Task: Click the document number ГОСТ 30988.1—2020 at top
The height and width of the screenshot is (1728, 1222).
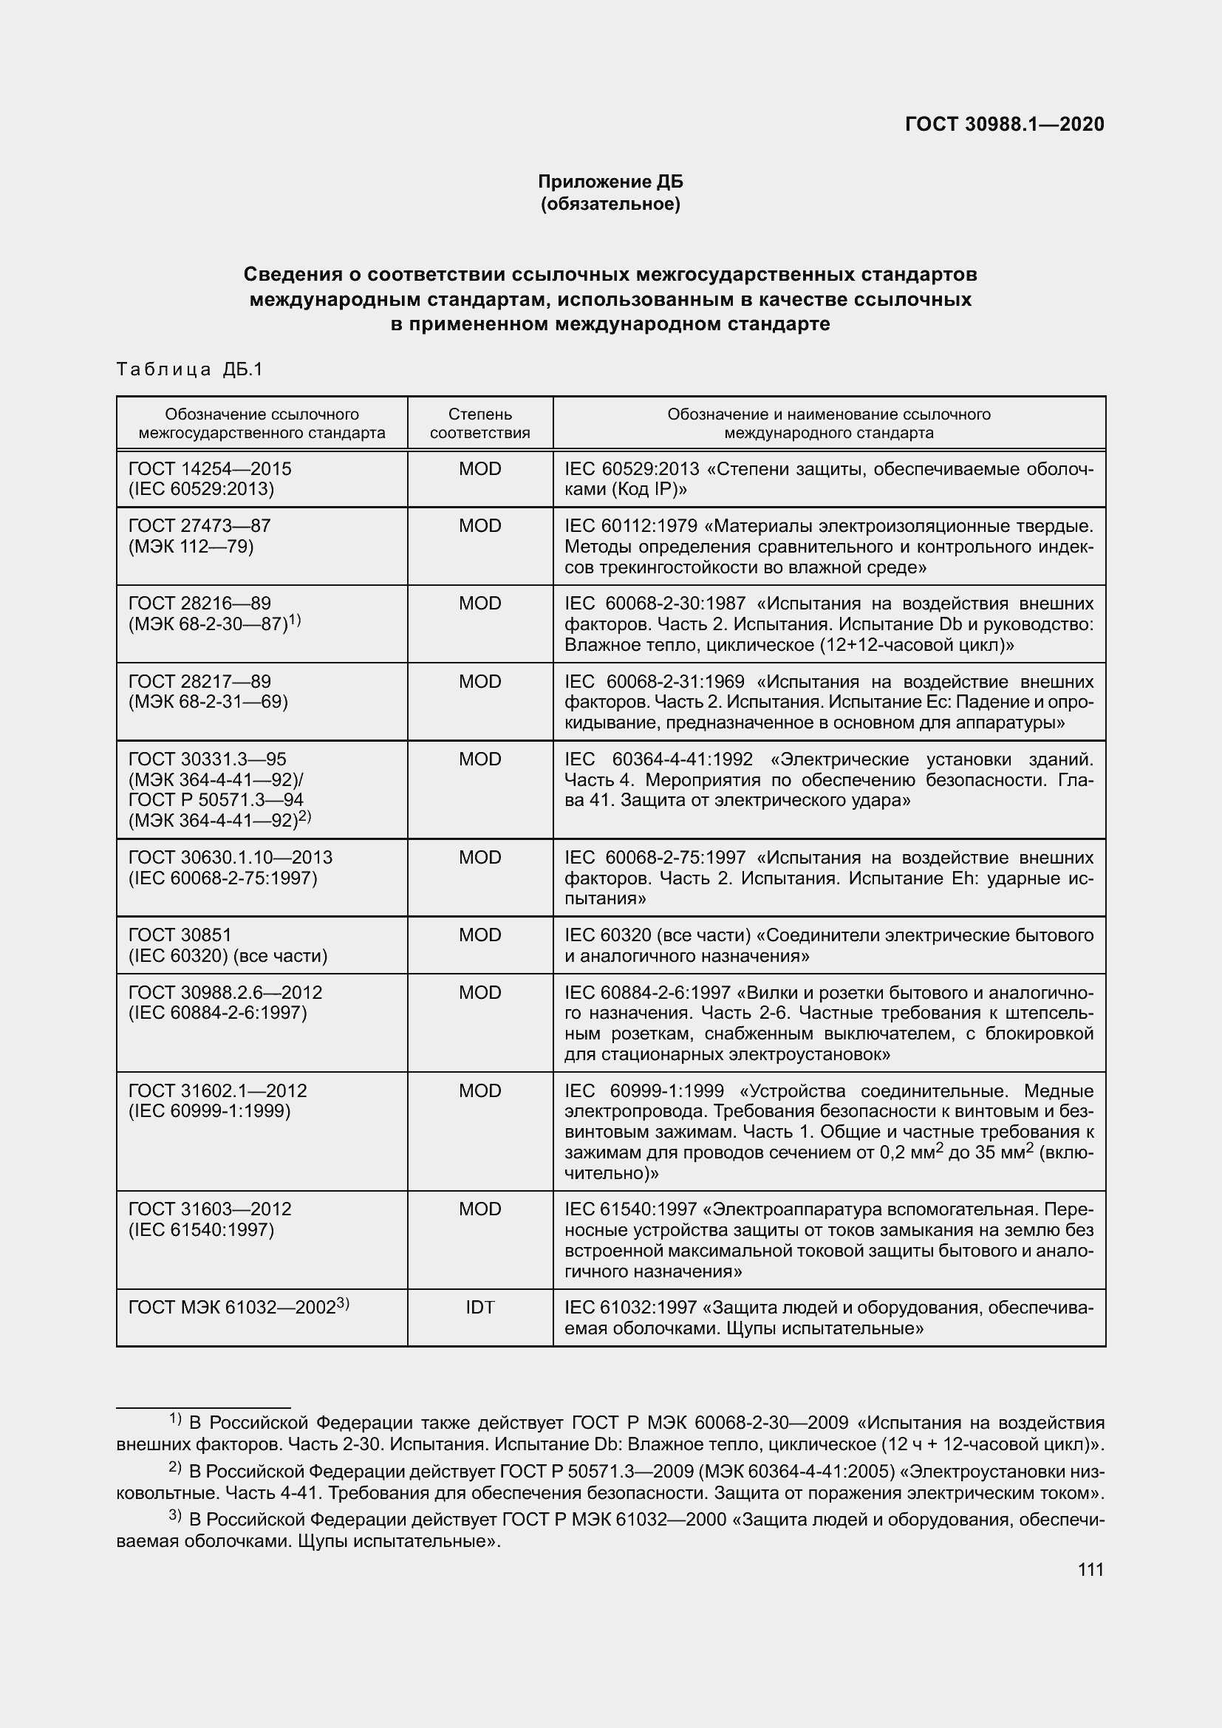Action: (x=1004, y=124)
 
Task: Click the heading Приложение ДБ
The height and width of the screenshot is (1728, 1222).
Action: (x=610, y=182)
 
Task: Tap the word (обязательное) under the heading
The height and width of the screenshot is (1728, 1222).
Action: (x=610, y=204)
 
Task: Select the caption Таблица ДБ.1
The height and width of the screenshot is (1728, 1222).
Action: (x=190, y=369)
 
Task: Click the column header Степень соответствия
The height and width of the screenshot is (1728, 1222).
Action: (x=479, y=423)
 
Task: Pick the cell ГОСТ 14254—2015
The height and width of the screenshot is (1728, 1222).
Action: (x=210, y=469)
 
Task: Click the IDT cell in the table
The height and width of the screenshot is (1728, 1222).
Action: (x=479, y=1308)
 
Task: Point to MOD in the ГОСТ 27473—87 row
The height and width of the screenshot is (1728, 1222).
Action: (x=479, y=526)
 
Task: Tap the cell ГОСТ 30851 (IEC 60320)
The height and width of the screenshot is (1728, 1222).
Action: (x=228, y=946)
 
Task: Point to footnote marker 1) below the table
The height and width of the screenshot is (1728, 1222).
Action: (x=174, y=1419)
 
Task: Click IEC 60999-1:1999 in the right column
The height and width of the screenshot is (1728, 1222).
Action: (x=644, y=1091)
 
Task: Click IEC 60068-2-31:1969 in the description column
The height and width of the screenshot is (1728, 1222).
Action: (x=654, y=682)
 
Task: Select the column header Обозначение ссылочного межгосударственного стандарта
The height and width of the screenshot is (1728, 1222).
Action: (x=261, y=423)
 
